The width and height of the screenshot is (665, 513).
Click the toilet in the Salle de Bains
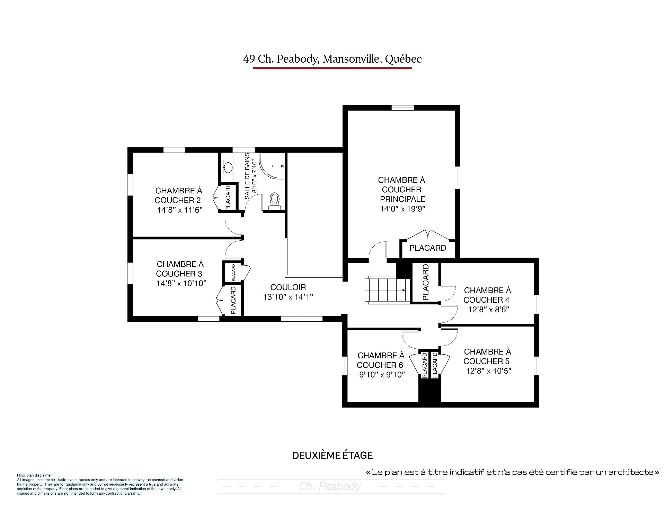275,201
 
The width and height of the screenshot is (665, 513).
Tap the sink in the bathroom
228,168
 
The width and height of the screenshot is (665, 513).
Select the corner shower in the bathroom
272,166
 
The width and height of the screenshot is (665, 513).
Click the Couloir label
288,287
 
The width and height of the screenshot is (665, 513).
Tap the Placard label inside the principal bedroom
427,248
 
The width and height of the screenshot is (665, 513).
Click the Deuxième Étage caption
332,456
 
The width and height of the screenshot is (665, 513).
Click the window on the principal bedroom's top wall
402,108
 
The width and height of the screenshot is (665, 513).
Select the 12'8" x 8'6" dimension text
488,310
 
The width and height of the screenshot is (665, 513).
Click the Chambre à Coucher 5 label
487,357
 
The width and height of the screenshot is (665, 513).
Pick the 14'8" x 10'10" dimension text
181,284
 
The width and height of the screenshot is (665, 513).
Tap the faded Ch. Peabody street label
330,487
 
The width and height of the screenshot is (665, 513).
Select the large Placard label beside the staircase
426,282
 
